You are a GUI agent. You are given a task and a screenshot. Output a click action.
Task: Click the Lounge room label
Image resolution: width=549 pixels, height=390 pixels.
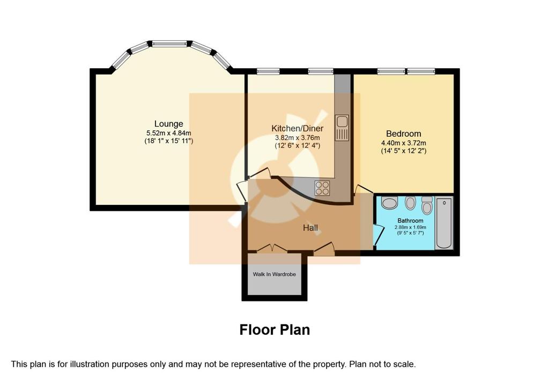tap(169, 124)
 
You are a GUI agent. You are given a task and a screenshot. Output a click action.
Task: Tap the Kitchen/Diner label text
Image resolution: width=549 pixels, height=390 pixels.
tap(297, 129)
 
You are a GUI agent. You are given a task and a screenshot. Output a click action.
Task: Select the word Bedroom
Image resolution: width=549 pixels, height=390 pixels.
tap(403, 134)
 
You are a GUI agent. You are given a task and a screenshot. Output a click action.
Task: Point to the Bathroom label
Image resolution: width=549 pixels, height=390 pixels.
tap(410, 221)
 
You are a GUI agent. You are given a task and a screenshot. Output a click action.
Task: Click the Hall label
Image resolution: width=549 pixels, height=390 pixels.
tap(310, 228)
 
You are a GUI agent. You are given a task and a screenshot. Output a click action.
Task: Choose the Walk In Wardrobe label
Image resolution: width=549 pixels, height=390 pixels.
tap(274, 274)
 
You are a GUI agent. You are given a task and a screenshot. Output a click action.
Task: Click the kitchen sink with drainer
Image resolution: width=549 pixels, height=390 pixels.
tap(342, 128)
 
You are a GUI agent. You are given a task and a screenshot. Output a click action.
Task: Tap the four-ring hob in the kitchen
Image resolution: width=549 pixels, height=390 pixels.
tap(322, 187)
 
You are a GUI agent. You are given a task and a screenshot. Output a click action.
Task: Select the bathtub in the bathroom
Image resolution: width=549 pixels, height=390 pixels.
tap(444, 223)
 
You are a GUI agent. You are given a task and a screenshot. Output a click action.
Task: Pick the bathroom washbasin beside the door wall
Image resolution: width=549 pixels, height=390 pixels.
tap(389, 203)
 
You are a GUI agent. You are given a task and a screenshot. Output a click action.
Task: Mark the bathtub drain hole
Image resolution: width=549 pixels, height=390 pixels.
tap(444, 203)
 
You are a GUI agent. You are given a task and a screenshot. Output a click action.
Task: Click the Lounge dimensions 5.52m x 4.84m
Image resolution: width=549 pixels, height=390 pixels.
tap(169, 133)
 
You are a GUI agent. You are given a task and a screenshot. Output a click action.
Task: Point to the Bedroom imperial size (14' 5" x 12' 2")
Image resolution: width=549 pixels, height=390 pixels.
tap(403, 151)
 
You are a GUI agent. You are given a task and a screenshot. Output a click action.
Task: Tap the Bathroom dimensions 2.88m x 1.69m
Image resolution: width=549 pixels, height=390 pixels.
tap(410, 227)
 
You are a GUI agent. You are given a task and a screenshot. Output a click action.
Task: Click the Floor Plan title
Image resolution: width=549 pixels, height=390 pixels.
tap(274, 330)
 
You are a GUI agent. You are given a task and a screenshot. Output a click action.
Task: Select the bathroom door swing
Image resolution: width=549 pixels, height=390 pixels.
tap(377, 234)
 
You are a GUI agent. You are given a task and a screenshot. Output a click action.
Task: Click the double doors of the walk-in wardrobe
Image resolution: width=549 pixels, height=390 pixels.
tap(272, 248)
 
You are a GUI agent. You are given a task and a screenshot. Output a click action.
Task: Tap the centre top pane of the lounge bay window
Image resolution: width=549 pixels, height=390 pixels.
tap(170, 43)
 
